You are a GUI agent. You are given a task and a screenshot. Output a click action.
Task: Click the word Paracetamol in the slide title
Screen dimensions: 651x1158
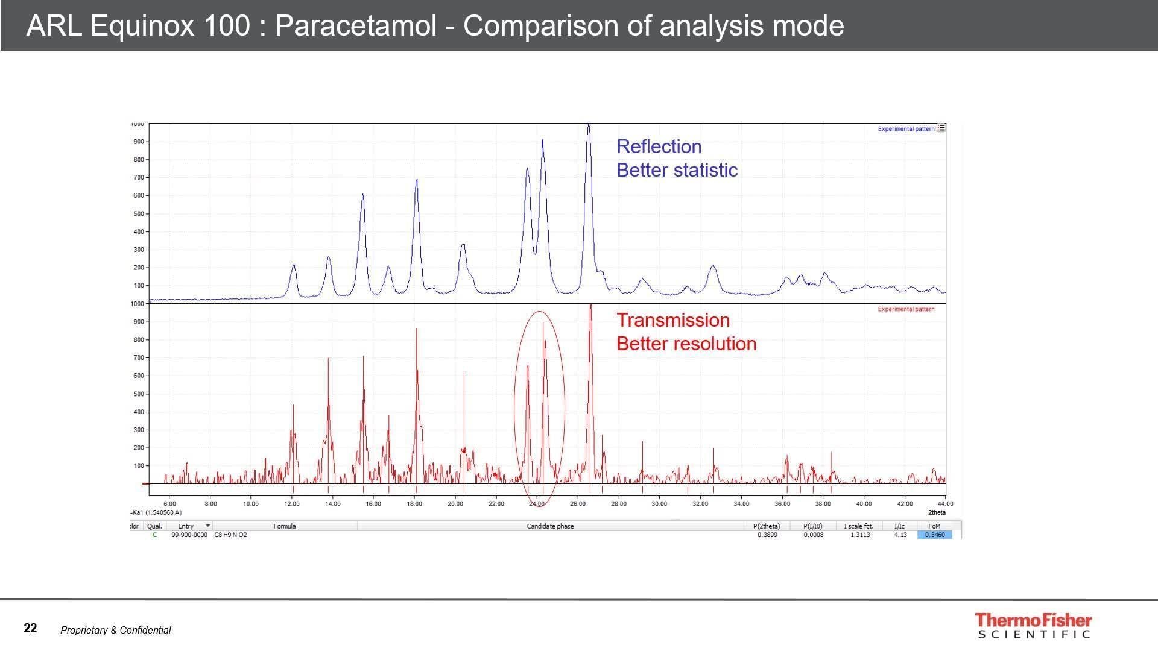point(355,26)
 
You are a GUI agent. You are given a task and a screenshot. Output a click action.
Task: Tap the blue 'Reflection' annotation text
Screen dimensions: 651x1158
point(659,146)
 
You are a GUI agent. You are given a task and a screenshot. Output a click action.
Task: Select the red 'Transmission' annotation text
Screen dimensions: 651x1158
point(672,320)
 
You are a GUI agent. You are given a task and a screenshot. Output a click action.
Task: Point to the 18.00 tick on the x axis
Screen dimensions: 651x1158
point(414,504)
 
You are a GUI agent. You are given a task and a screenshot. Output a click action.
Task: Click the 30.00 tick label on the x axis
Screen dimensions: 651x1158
point(659,504)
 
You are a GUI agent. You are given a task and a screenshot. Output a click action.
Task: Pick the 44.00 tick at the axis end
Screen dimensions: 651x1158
point(945,504)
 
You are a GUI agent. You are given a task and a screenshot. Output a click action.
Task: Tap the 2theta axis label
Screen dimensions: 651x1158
point(936,512)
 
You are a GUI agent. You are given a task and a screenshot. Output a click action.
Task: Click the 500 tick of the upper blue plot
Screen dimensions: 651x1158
point(139,214)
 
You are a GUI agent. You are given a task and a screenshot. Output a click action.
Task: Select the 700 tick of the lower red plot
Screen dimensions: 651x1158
point(139,358)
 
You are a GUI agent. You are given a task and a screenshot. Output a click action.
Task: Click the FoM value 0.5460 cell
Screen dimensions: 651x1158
point(934,535)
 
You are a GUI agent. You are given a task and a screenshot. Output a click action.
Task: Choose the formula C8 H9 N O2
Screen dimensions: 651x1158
point(230,535)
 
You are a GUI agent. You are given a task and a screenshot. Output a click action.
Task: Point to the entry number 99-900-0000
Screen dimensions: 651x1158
point(189,535)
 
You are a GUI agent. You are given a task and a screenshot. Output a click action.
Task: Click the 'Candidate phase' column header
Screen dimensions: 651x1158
point(549,526)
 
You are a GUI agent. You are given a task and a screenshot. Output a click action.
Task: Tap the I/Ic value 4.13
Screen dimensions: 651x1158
point(900,535)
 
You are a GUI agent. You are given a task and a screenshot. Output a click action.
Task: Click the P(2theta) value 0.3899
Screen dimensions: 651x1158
point(767,535)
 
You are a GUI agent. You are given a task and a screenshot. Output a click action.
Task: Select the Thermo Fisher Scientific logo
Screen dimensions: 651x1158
point(1033,626)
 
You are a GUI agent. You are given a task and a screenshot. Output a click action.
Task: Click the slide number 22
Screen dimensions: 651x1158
point(30,628)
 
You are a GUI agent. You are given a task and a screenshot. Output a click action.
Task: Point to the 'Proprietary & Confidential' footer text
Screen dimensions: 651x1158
point(115,630)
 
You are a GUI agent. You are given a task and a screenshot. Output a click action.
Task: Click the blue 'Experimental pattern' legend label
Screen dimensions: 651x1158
point(905,129)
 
